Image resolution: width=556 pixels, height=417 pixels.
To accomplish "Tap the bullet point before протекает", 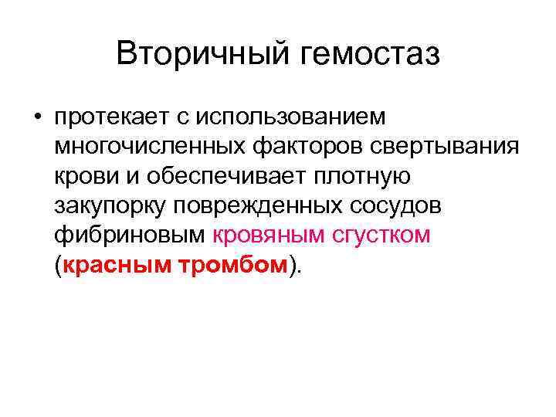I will click(x=36, y=117).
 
